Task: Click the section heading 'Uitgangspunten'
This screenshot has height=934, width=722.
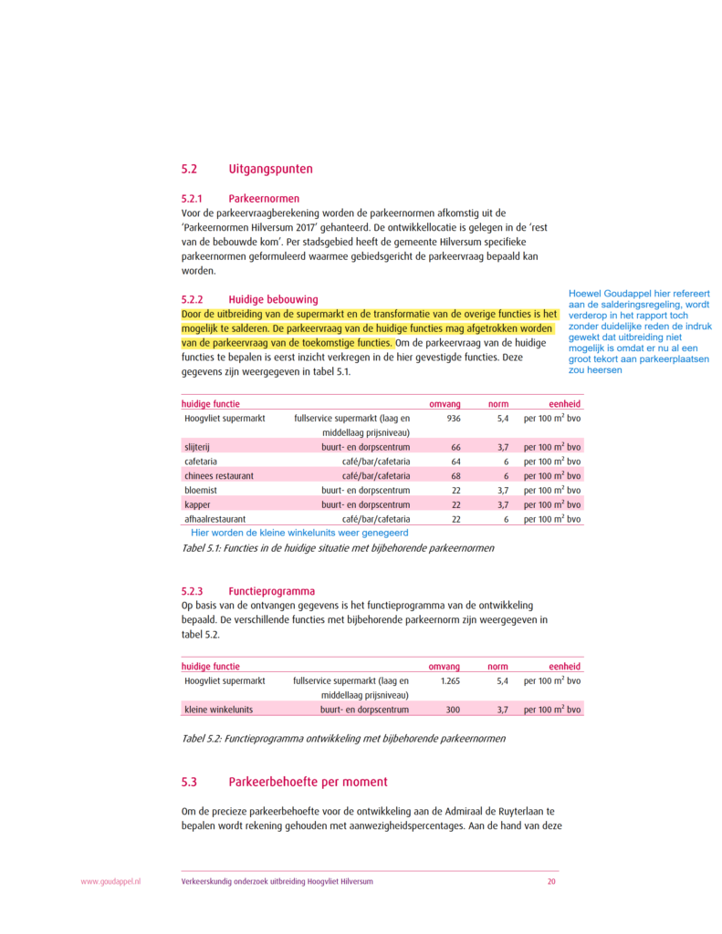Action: (x=270, y=170)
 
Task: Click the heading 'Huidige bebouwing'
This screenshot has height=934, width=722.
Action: (x=273, y=299)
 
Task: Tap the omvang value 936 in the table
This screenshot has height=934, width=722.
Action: (x=453, y=418)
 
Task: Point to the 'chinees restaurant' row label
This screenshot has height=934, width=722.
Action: (x=219, y=476)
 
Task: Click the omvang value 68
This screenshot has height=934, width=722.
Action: (x=455, y=476)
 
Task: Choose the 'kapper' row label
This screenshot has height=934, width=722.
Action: (x=197, y=504)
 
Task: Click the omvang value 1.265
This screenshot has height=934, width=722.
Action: (x=450, y=680)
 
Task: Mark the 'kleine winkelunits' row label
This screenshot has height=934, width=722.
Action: (x=218, y=710)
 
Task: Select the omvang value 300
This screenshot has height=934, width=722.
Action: (x=453, y=710)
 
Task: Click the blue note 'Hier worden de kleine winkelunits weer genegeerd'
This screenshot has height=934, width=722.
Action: (x=299, y=533)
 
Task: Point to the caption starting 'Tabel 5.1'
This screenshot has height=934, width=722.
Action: (x=339, y=549)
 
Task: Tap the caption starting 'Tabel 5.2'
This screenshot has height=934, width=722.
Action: (x=344, y=738)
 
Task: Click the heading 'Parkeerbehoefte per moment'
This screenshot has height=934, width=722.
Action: (x=308, y=783)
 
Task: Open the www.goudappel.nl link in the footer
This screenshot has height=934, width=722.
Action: (x=111, y=882)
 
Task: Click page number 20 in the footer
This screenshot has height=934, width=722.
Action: (x=551, y=882)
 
